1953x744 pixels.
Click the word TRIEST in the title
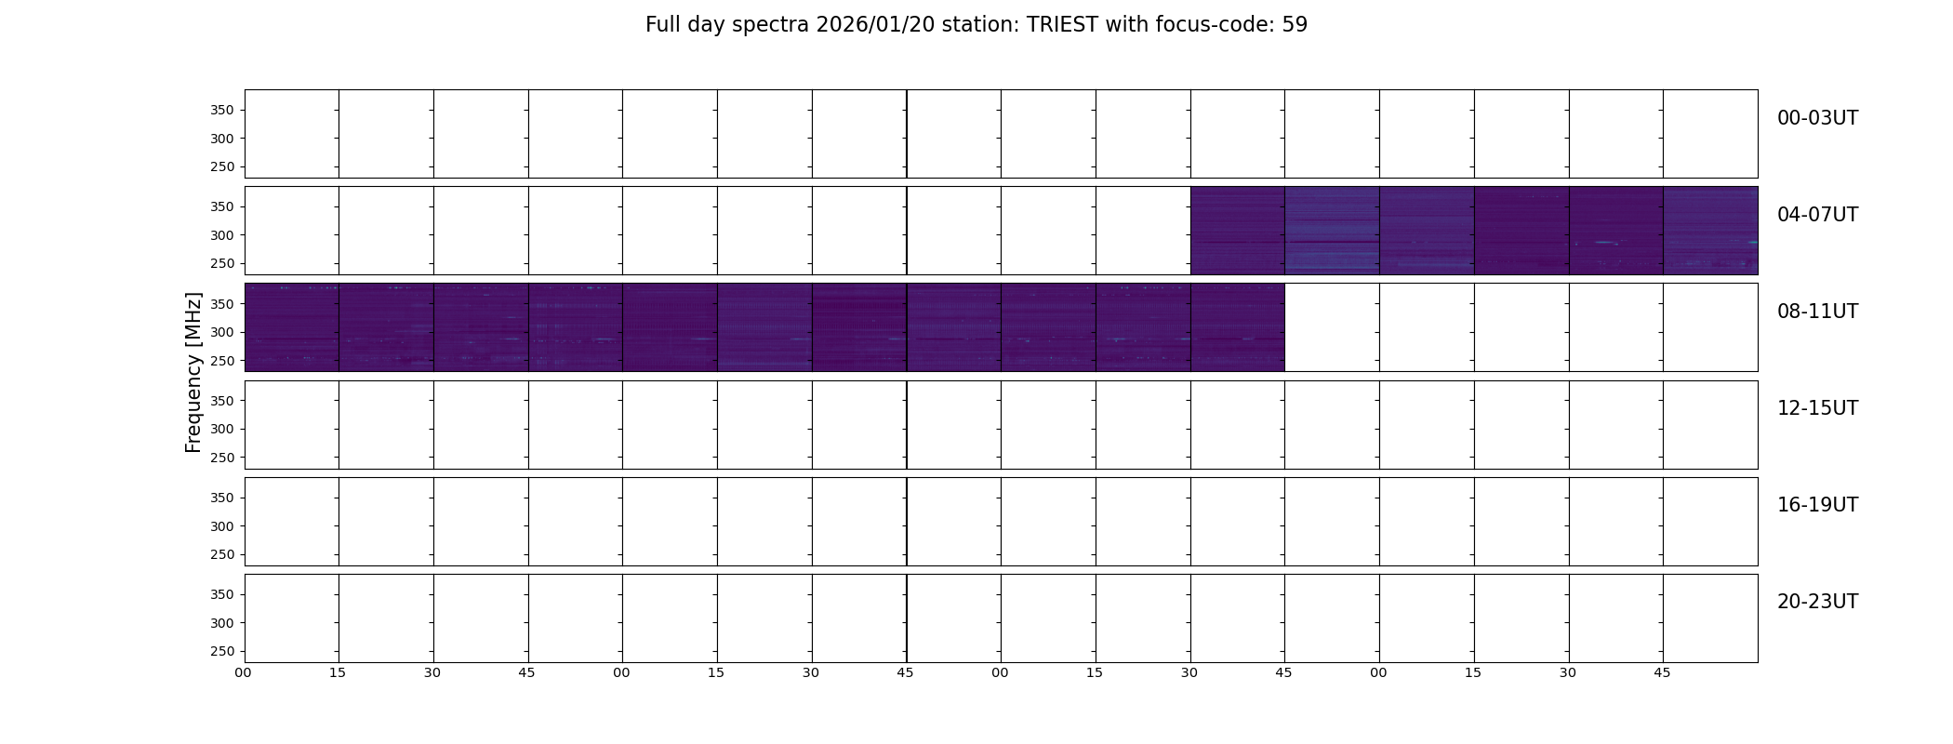(x=1063, y=25)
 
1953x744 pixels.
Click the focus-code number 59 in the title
(x=1295, y=25)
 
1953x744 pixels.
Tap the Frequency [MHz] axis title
(x=193, y=372)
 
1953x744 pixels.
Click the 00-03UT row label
(x=1817, y=118)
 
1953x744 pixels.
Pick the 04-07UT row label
(x=1817, y=215)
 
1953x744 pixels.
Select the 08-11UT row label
(x=1817, y=312)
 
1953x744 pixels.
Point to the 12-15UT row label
(x=1817, y=408)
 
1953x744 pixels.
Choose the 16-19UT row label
(x=1817, y=505)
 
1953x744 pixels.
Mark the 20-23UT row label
(x=1817, y=602)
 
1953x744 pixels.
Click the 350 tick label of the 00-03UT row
(x=222, y=110)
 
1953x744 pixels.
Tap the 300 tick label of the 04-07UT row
(x=222, y=235)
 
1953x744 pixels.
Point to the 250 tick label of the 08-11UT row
(x=222, y=361)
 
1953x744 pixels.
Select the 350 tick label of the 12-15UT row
(x=222, y=401)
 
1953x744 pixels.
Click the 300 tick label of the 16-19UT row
(x=222, y=526)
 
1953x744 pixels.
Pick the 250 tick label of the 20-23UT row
(x=222, y=652)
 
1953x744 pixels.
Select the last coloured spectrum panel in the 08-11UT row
(x=1237, y=327)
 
